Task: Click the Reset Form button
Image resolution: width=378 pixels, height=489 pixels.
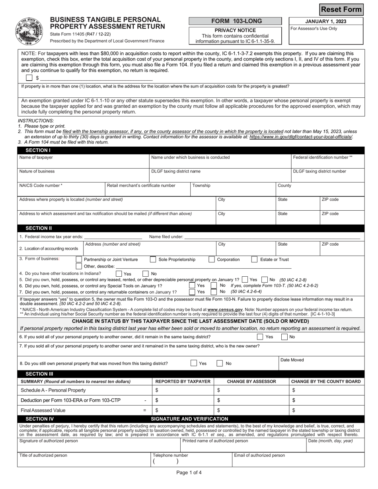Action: pos(342,10)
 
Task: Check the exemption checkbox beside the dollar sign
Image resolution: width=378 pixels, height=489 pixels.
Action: pos(29,78)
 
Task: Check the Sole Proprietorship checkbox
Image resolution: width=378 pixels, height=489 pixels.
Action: pos(153,260)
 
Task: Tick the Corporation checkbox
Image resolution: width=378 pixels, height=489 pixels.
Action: pos(212,260)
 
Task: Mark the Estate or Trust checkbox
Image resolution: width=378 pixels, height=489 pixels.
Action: pos(254,260)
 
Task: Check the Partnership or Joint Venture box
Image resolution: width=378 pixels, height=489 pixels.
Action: pos(79,260)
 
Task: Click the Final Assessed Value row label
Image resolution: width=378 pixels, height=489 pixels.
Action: pos(43,410)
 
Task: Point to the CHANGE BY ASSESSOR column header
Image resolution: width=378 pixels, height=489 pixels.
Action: pos(251,382)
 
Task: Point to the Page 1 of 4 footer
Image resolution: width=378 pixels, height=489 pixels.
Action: pos(189,473)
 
